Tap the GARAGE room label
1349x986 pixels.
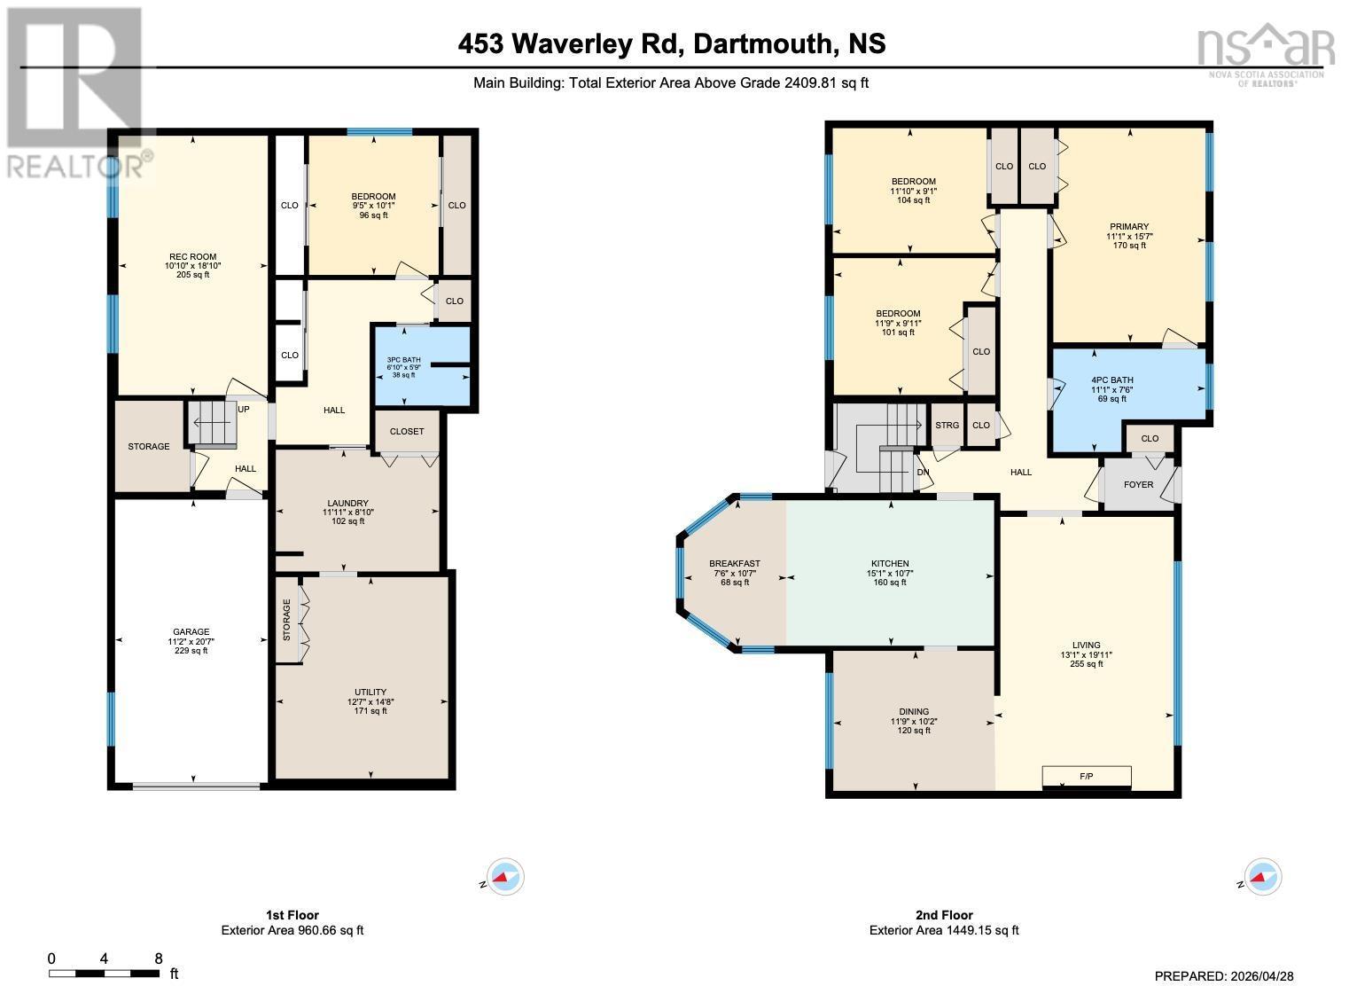pos(191,632)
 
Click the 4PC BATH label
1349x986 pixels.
pos(1111,379)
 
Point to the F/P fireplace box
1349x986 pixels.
pos(1086,777)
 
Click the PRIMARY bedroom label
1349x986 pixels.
pos(1129,226)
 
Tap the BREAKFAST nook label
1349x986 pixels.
pos(735,564)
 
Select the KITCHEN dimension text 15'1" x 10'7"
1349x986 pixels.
pos(889,574)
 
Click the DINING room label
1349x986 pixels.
pos(914,711)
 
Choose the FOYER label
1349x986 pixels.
pos(1138,484)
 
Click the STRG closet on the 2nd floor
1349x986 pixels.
pos(947,426)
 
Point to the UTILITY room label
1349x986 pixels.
pos(370,692)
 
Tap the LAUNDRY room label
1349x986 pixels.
pos(346,503)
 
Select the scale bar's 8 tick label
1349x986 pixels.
pos(159,959)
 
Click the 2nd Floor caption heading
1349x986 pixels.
pos(944,915)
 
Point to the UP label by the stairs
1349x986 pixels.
pos(243,410)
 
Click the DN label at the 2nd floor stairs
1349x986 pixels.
pos(923,473)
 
